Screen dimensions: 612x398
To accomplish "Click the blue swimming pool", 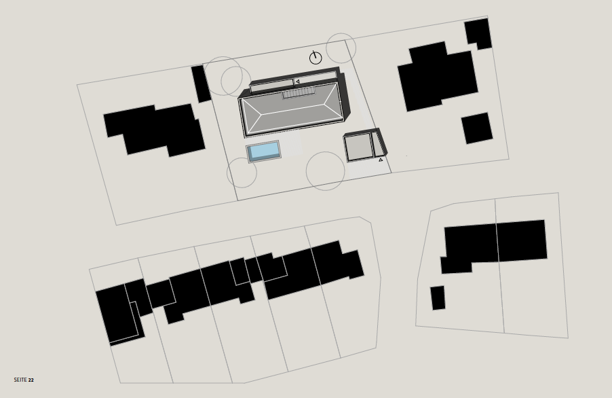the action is tap(264, 151).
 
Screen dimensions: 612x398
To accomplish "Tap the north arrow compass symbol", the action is tap(315, 58).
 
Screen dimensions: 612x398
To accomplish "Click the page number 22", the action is tap(31, 380).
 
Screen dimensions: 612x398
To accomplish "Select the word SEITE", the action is tap(20, 380).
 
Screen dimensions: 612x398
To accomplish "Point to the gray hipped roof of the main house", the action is tap(292, 109).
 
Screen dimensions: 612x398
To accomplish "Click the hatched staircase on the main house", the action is tap(299, 93).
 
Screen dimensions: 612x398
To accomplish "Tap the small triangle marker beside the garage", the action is tap(381, 160).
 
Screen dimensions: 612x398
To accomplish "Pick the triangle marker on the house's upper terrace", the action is tap(297, 82).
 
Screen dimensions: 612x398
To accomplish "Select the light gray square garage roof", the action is tap(359, 147).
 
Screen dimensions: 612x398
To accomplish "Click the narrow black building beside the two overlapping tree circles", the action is tap(201, 84).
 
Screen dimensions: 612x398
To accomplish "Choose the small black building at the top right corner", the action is tap(478, 33).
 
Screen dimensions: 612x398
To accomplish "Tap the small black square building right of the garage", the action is tap(477, 128).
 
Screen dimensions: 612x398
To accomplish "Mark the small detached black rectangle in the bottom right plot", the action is tap(438, 298).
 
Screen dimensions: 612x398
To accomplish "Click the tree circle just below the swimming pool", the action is tap(242, 173).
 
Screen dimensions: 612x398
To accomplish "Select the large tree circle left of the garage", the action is tap(325, 171).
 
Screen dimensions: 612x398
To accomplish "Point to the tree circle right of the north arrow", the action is tap(341, 48).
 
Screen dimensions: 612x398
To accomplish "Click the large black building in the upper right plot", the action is tap(438, 76).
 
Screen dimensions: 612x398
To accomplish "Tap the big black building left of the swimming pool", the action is tap(155, 129).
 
